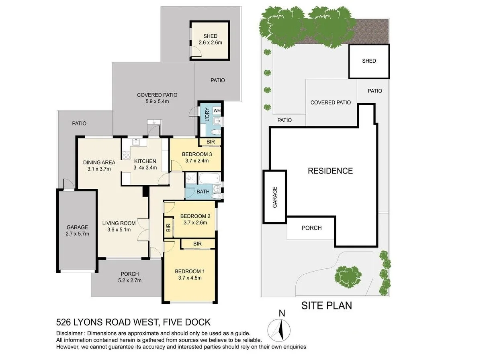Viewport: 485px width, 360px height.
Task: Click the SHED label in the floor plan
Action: point(210,36)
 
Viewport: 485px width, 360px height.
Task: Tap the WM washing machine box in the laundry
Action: point(217,110)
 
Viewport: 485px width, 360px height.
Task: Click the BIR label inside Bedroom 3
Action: point(210,142)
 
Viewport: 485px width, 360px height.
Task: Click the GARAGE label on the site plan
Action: point(275,197)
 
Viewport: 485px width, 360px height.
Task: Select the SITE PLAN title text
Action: point(326,306)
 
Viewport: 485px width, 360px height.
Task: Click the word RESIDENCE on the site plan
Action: point(330,171)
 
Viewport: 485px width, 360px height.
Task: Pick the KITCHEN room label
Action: point(145,161)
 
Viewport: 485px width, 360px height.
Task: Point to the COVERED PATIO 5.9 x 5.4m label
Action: point(157,98)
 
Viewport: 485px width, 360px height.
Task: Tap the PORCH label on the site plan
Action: point(311,228)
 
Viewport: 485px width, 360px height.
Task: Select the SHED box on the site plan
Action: point(368,61)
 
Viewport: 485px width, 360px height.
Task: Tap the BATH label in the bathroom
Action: point(203,191)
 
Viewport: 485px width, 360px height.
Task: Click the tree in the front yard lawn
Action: point(347,275)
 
